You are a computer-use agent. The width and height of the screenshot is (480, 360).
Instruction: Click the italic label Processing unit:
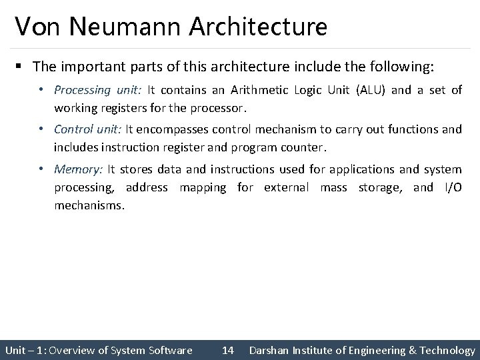tap(98, 89)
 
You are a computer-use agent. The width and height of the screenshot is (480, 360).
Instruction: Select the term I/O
tap(451, 187)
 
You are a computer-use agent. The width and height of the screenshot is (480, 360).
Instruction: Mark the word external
tap(287, 187)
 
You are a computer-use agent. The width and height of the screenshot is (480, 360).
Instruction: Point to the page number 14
tap(227, 350)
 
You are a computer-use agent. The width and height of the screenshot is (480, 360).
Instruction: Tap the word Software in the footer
tap(170, 350)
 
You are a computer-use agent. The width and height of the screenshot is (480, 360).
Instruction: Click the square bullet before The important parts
tap(21, 67)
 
